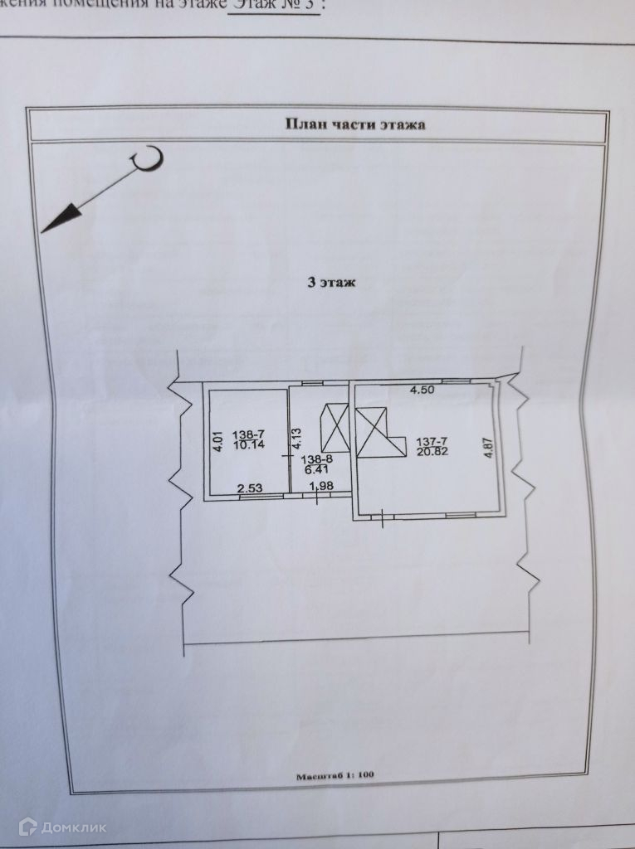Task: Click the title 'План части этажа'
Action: pyautogui.click(x=355, y=124)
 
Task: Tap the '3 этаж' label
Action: pyautogui.click(x=331, y=283)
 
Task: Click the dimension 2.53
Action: pyautogui.click(x=250, y=489)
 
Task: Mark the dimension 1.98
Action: pyautogui.click(x=320, y=485)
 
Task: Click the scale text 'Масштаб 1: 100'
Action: pyautogui.click(x=335, y=777)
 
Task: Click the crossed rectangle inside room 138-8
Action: pyautogui.click(x=334, y=427)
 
